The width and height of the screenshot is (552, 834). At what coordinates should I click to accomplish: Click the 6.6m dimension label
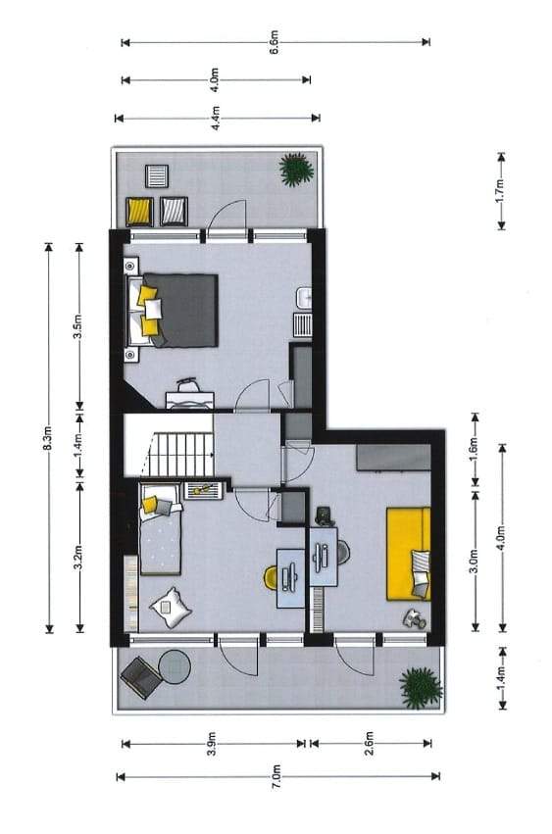[275, 42]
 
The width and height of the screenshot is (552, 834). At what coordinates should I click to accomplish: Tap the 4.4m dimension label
[216, 118]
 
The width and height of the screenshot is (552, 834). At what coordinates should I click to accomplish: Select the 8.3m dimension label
[48, 438]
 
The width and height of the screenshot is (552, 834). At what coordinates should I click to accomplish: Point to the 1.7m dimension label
[500, 191]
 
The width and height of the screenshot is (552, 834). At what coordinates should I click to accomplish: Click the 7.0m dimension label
[276, 777]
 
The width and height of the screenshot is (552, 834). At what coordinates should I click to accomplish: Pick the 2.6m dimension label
[370, 743]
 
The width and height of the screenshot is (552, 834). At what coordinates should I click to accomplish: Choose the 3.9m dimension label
[212, 744]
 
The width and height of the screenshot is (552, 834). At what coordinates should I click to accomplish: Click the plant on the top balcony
[296, 170]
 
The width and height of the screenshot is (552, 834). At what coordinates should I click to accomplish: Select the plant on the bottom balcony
[421, 688]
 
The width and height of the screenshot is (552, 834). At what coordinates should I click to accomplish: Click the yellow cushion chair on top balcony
[139, 211]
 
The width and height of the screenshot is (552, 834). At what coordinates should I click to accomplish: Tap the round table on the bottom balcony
[176, 666]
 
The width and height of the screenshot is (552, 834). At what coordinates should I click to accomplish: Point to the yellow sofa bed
[408, 554]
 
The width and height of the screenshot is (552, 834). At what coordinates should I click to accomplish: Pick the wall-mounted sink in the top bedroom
[305, 297]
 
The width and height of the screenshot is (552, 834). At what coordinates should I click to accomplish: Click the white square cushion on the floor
[171, 607]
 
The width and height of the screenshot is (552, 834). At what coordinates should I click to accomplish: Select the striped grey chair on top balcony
[174, 211]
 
